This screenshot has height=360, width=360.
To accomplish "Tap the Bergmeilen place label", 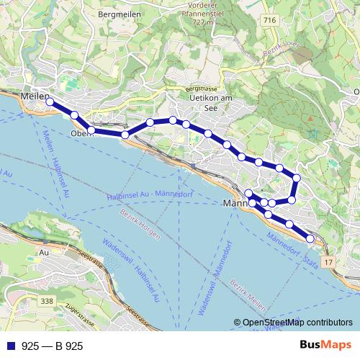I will click(119, 14).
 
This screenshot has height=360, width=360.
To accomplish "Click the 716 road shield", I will click(269, 21).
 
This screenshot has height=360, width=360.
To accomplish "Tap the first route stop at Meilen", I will click(50, 102).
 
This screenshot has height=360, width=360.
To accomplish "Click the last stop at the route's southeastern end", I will click(310, 238).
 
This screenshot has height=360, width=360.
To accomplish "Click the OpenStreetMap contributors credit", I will click(293, 323).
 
